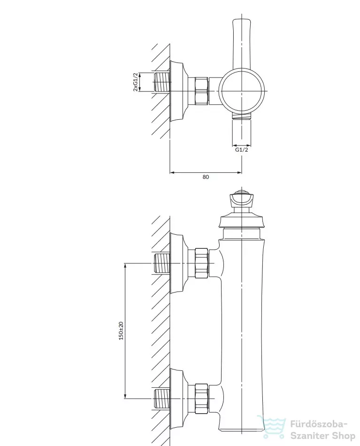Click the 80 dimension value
[206, 177]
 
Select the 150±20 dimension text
[121, 331]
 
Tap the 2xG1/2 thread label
[136, 82]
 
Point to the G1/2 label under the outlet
[241, 150]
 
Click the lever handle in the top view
[242, 43]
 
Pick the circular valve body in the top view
[242, 91]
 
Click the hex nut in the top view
[202, 91]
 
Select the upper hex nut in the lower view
[202, 263]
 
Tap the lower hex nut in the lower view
[202, 399]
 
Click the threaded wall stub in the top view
[161, 82]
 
